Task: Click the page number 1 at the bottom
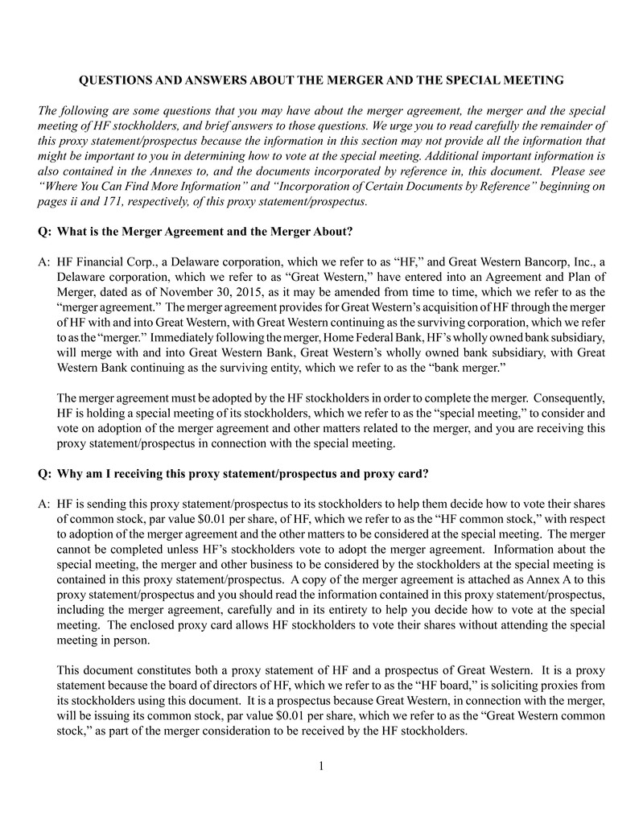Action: click(x=321, y=765)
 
